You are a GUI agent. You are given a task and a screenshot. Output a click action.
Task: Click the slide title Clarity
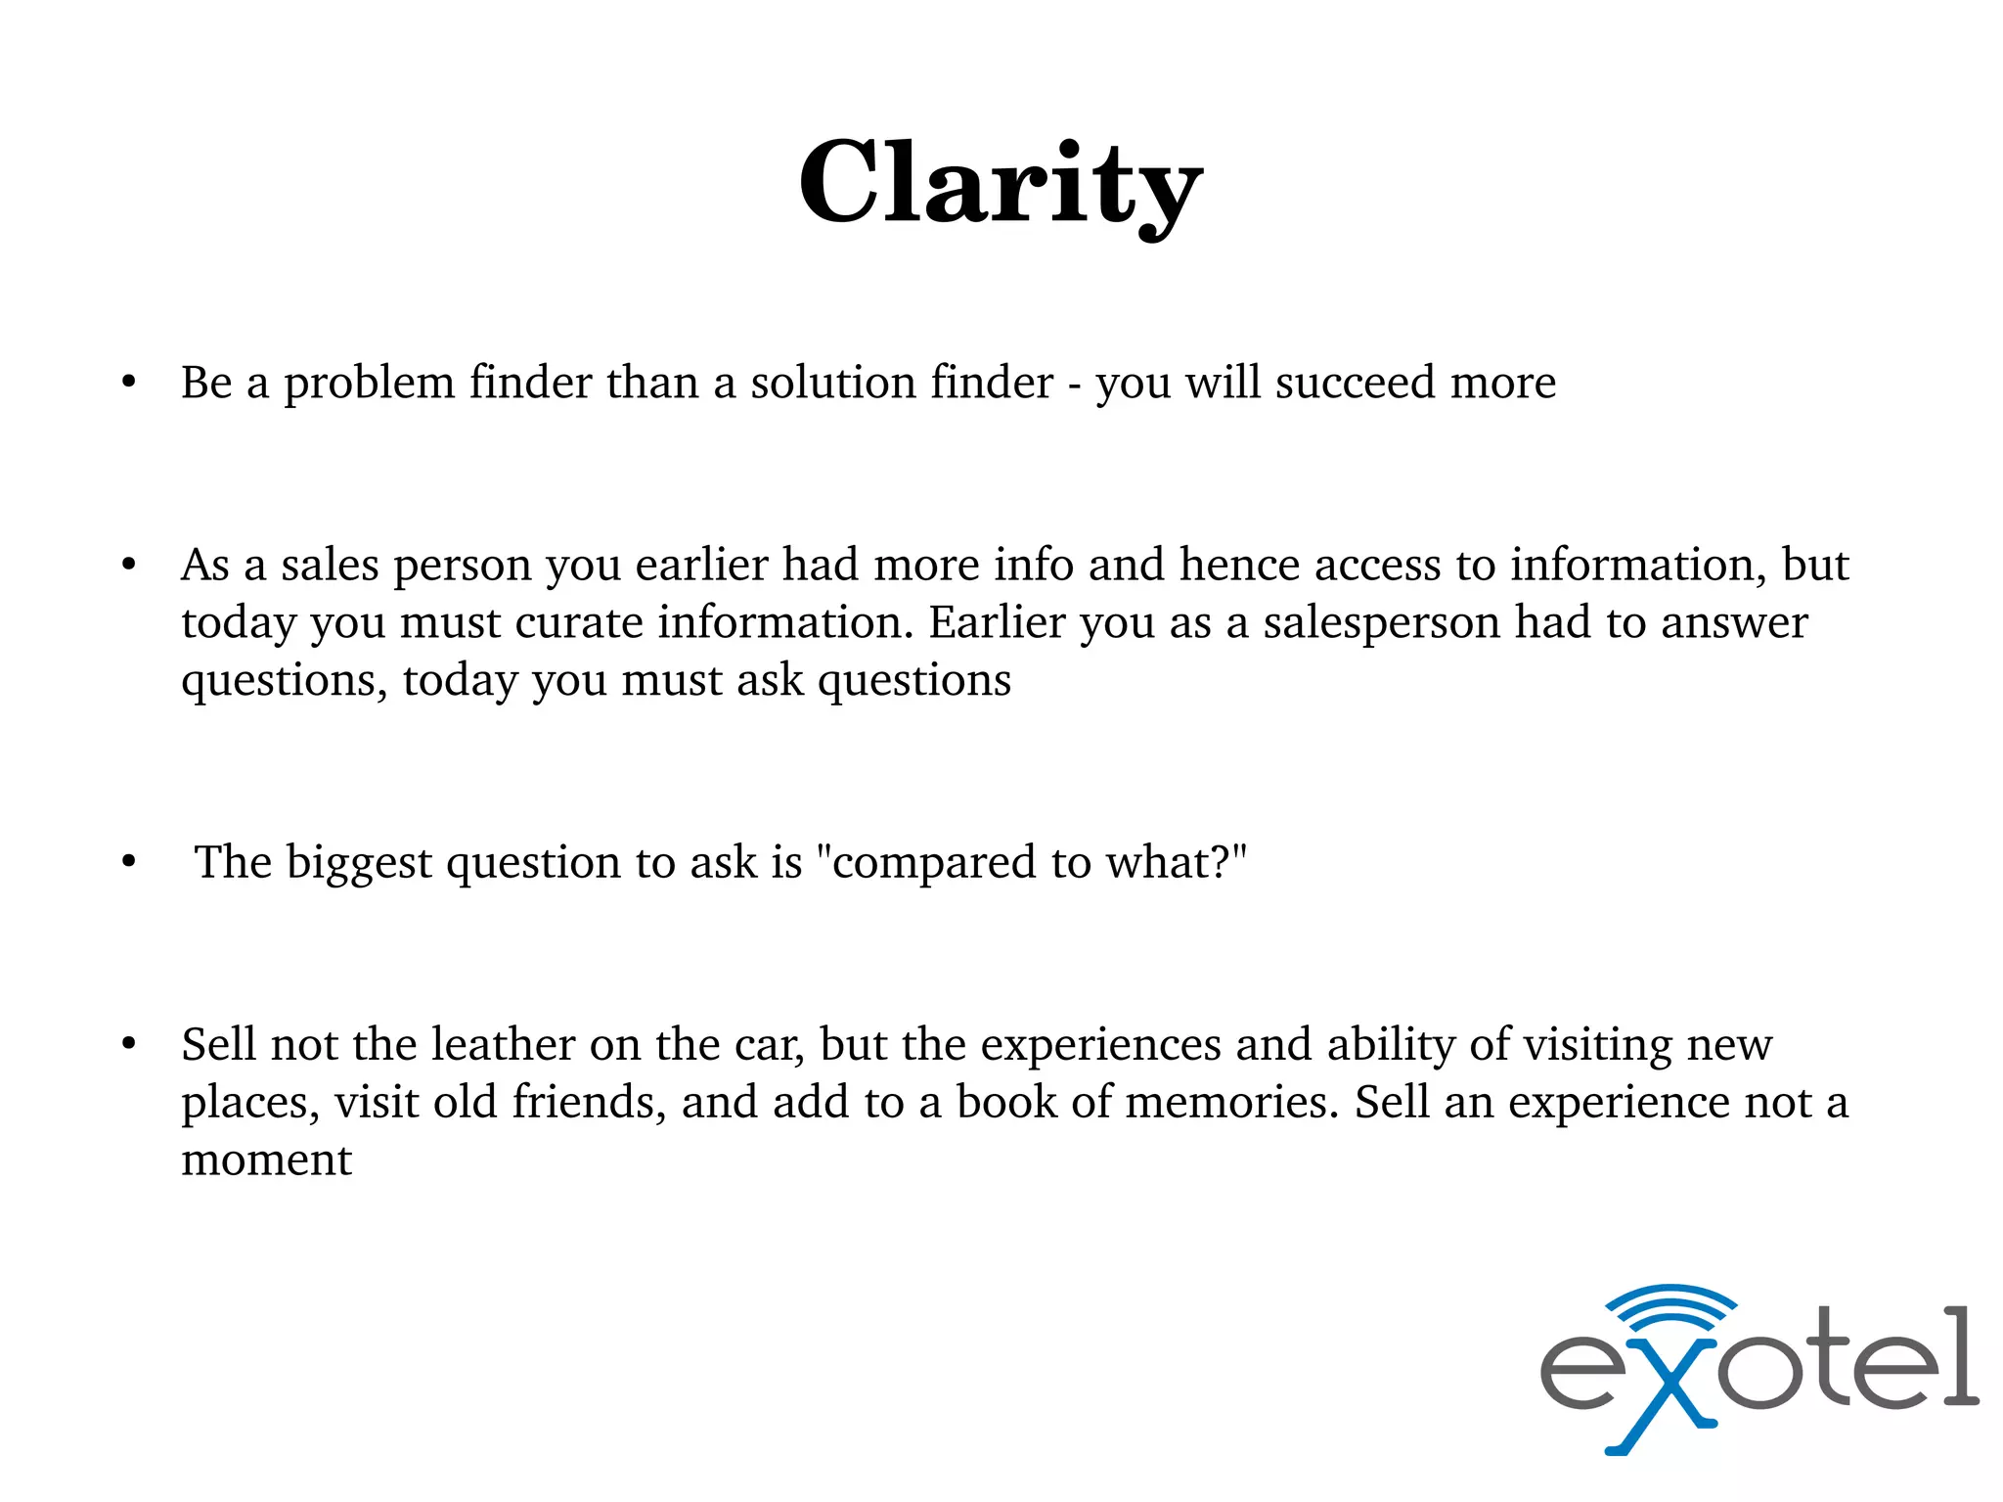(1000, 184)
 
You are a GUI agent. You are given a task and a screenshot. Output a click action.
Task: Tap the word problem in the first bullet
(369, 384)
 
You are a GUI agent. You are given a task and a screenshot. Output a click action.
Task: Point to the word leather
(503, 1044)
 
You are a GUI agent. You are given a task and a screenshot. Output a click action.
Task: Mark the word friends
(590, 1102)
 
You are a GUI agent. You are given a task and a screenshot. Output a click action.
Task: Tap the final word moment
(266, 1161)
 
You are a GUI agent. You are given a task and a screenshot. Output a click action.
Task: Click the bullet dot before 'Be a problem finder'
(129, 383)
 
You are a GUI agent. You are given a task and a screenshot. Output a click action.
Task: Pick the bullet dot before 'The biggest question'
(129, 862)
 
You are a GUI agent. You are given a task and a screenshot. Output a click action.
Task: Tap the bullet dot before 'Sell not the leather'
(129, 1044)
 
